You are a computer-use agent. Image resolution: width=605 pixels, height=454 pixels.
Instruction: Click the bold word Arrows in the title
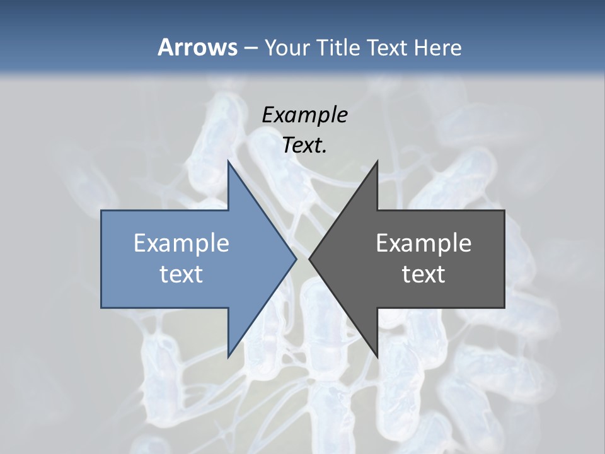(x=197, y=47)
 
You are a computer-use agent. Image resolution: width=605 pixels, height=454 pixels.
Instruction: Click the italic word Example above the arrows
(x=305, y=115)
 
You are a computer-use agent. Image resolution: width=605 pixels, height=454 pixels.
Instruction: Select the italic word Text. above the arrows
(x=305, y=145)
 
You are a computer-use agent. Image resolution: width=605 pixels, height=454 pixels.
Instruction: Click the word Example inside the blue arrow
(x=181, y=243)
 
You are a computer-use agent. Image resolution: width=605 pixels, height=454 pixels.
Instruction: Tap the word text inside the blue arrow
(x=181, y=274)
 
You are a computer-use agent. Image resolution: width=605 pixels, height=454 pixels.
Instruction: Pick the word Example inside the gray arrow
(x=423, y=243)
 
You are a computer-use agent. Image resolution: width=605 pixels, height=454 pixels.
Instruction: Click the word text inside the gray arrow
(x=423, y=274)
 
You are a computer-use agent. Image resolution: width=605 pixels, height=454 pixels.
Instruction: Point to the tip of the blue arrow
(x=296, y=259)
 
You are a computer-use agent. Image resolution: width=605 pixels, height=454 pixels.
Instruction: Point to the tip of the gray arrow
(x=310, y=259)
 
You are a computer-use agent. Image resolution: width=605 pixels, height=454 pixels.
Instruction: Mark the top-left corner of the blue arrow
(x=102, y=211)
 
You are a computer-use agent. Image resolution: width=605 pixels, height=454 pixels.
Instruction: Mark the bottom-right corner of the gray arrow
(x=504, y=307)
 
